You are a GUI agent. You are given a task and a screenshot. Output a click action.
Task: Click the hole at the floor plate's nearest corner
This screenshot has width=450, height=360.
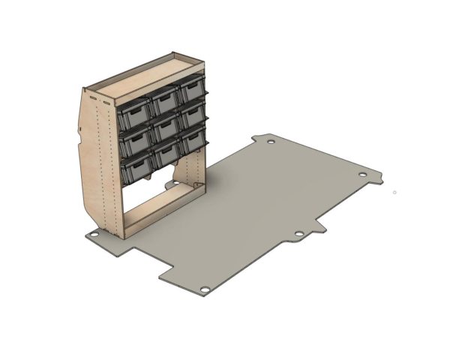204,289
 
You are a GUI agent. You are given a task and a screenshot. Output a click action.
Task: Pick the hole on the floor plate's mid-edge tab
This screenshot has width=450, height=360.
298,235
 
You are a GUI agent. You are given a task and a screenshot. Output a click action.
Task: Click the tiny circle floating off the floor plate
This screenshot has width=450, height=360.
394,192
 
